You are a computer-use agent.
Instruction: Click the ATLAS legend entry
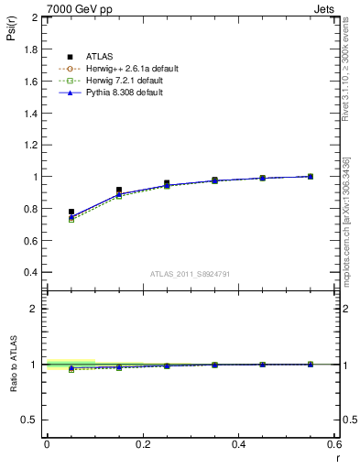pos(99,58)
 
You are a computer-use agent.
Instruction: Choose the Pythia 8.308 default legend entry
pos(125,93)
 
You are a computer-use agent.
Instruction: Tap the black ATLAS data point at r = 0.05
pos(71,212)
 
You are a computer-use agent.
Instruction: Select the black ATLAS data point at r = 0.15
pos(119,190)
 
